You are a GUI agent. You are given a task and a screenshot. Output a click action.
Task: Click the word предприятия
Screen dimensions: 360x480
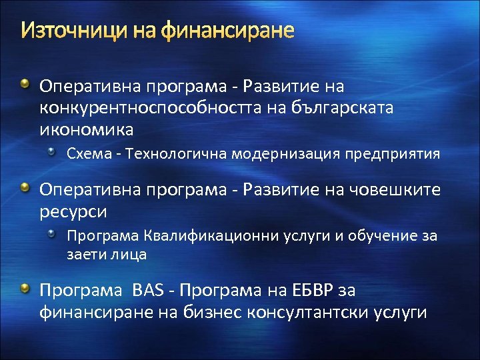[x=393, y=154]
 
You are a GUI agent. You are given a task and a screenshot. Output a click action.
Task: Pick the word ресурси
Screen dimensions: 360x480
[x=73, y=211]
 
